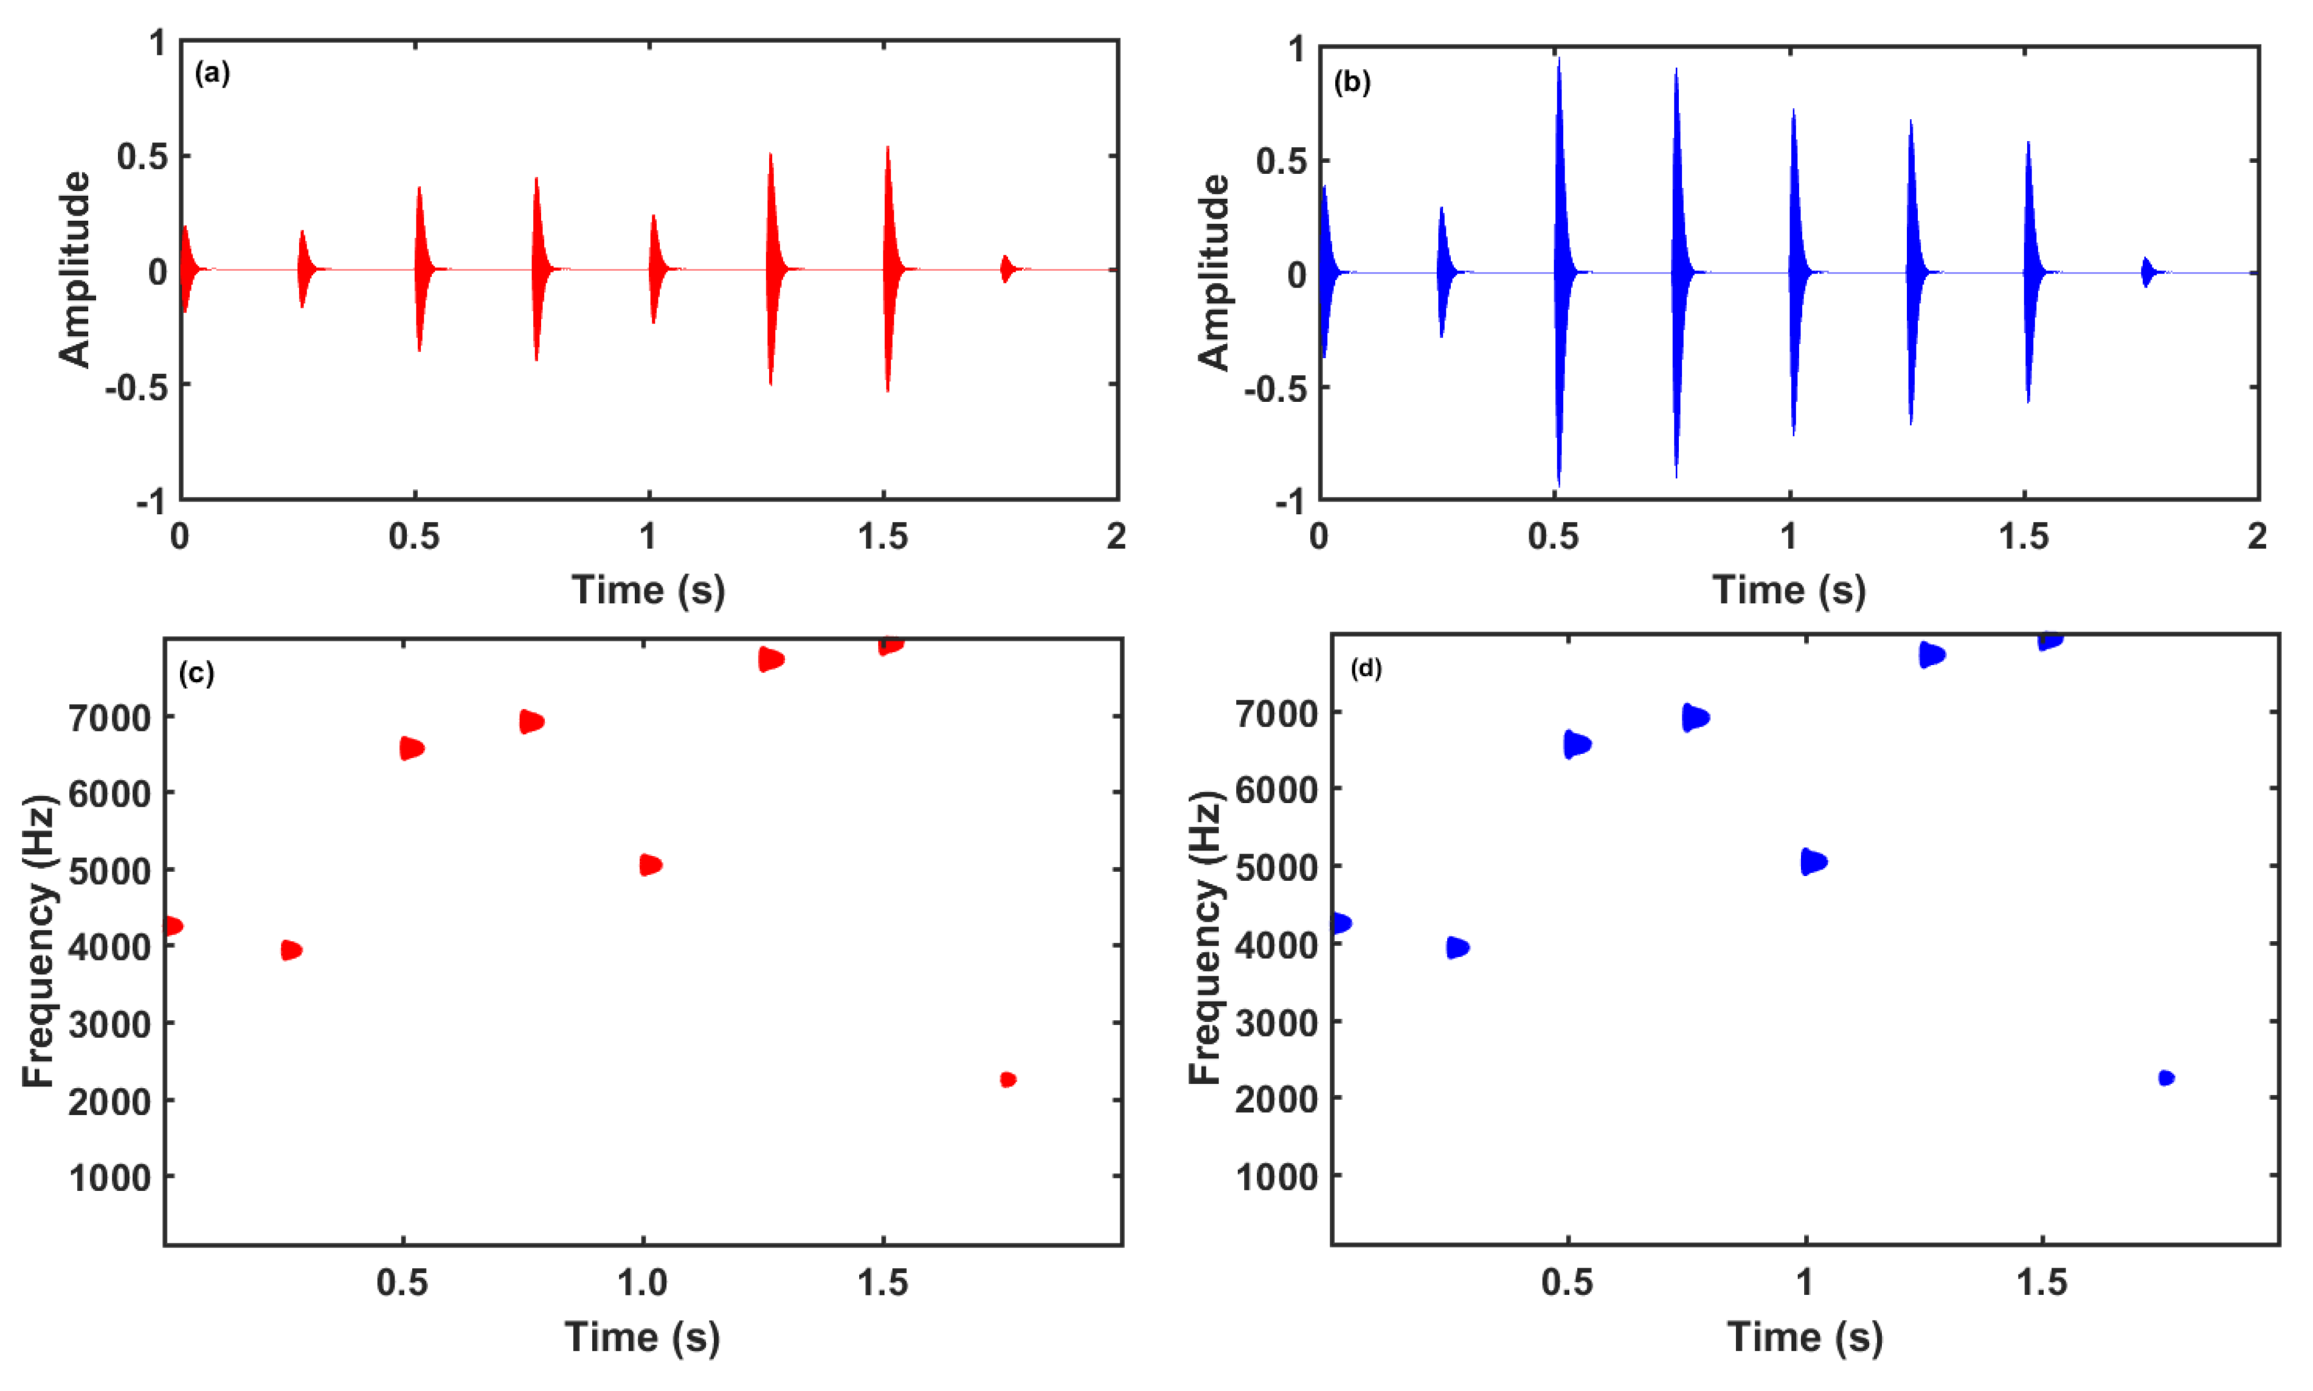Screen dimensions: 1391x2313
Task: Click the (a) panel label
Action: (212, 73)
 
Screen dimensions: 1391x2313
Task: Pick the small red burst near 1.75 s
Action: (1006, 269)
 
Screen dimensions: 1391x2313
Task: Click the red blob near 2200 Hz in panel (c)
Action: (1008, 1080)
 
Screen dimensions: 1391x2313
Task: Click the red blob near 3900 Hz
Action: (291, 950)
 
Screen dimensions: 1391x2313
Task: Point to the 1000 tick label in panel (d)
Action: (1276, 1177)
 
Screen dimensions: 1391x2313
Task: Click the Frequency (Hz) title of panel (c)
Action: (40, 942)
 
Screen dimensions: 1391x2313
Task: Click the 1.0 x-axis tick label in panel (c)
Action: (642, 1282)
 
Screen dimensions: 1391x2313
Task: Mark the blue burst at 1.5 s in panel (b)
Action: (2028, 272)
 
